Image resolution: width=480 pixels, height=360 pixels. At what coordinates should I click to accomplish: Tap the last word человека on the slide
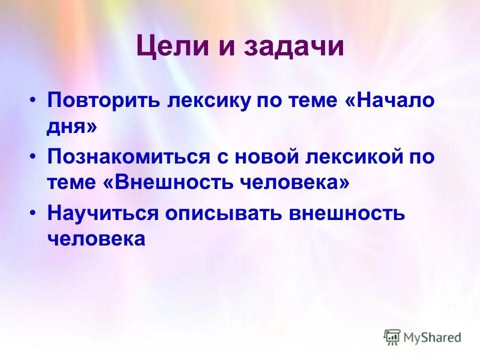tap(96, 239)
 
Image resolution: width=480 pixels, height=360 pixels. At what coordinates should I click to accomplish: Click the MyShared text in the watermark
tap(432, 337)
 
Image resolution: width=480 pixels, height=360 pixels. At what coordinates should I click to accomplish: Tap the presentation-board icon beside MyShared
tap(392, 337)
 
